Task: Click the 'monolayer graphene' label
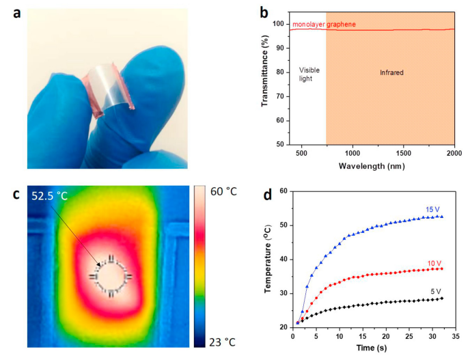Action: point(324,25)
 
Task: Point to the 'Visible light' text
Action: point(309,74)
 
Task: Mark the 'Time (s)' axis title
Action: point(371,347)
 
